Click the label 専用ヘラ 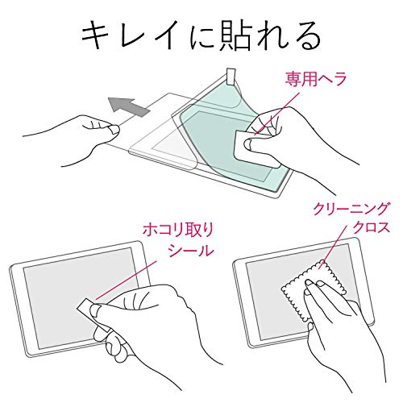(315, 79)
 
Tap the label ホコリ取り (178, 231)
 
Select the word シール (191, 251)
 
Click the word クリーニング (351, 209)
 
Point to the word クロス (371, 227)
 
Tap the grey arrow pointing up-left (128, 106)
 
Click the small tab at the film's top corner (231, 76)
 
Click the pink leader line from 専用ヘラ (276, 113)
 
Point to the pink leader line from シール (126, 280)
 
